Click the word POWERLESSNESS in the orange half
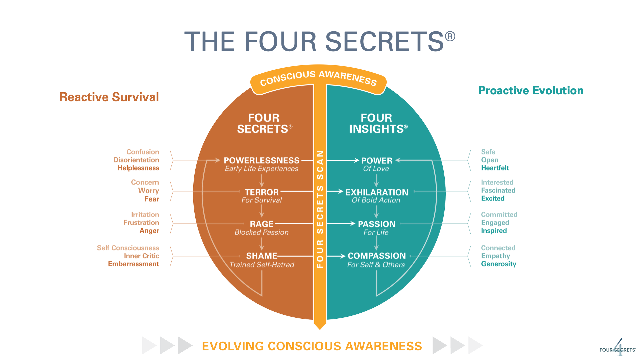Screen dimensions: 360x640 pyautogui.click(x=261, y=160)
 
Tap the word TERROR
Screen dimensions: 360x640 pyautogui.click(x=261, y=192)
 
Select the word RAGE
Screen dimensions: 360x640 pyautogui.click(x=261, y=224)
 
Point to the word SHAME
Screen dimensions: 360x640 pyautogui.click(x=261, y=256)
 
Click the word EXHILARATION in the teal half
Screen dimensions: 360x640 pyautogui.click(x=377, y=192)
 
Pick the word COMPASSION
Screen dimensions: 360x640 pyautogui.click(x=377, y=256)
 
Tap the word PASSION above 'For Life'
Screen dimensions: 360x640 pyautogui.click(x=377, y=224)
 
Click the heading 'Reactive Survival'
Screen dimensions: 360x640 pyautogui.click(x=109, y=97)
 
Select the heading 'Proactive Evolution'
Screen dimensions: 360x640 pyautogui.click(x=531, y=90)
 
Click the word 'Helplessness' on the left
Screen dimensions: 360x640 pyautogui.click(x=138, y=168)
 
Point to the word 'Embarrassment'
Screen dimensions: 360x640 pyautogui.click(x=133, y=264)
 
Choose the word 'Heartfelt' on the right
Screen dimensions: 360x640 pyautogui.click(x=495, y=168)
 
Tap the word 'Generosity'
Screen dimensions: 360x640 pyautogui.click(x=499, y=264)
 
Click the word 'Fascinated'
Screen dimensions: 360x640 pyautogui.click(x=498, y=190)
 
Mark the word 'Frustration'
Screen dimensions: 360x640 pyautogui.click(x=141, y=223)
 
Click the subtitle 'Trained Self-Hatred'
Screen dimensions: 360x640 pyautogui.click(x=262, y=265)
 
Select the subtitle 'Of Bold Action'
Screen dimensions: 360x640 pyautogui.click(x=376, y=200)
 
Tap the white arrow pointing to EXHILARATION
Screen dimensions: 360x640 pyautogui.click(x=335, y=191)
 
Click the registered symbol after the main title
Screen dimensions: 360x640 pyautogui.click(x=450, y=36)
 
